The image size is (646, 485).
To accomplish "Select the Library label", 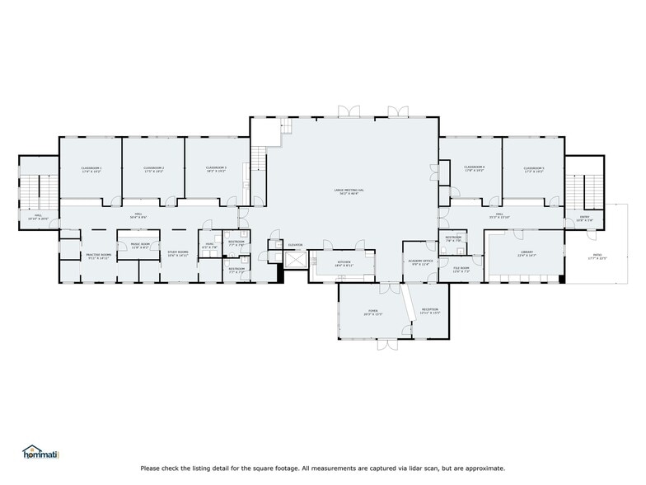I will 527,253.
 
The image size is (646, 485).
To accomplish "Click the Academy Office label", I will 420,261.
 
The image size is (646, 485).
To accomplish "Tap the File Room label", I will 461,268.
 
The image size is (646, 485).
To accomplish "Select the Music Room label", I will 140,245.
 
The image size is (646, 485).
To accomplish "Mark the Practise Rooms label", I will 99,256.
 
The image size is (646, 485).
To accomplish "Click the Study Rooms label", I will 179,254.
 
